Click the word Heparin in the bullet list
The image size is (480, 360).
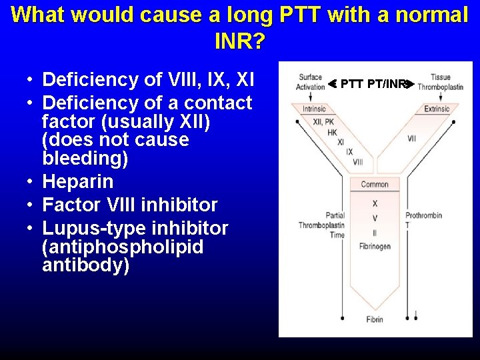point(77,181)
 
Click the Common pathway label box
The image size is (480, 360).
point(375,185)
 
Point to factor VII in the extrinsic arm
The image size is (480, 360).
point(411,139)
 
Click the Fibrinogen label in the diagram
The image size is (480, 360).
point(375,247)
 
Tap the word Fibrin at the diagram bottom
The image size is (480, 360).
point(375,319)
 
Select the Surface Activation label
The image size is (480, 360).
point(310,82)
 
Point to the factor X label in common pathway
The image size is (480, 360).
point(375,203)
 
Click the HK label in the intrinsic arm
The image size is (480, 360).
point(332,132)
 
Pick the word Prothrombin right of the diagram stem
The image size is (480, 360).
point(425,215)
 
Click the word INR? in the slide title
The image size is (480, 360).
point(240,41)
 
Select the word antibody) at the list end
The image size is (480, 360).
point(85,265)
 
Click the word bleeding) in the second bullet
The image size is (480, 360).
point(85,159)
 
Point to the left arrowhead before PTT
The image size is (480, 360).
point(332,84)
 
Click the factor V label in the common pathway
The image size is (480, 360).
point(375,218)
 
